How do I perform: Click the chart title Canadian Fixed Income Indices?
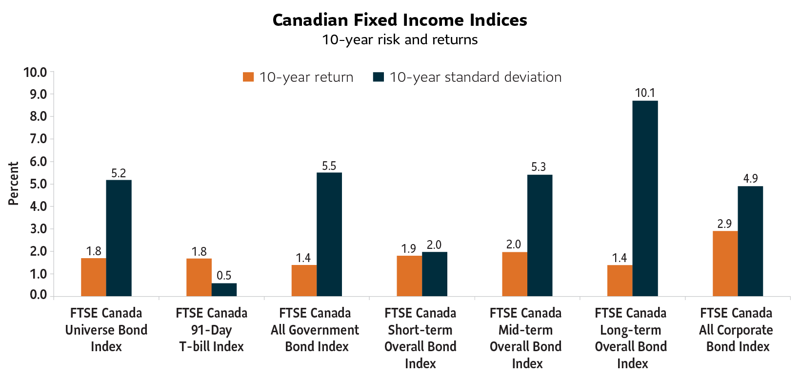tap(400, 20)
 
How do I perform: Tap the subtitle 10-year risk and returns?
tap(400, 39)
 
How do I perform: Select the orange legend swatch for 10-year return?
tap(249, 77)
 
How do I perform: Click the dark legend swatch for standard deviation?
tap(378, 77)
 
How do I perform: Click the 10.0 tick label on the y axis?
tap(35, 73)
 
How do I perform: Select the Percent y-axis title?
tap(13, 184)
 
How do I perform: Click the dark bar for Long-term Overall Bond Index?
tap(645, 198)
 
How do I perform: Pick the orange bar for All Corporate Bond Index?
tap(725, 264)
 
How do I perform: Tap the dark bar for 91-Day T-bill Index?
tap(224, 289)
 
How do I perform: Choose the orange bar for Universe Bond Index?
tap(93, 277)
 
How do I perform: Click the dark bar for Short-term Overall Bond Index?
tap(434, 274)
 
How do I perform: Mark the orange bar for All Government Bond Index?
tap(303, 280)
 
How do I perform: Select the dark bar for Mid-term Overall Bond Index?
tap(540, 235)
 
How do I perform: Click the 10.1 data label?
tap(645, 93)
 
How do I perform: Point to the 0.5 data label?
tap(224, 276)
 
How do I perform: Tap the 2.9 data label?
tap(724, 224)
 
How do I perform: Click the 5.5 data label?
tap(329, 166)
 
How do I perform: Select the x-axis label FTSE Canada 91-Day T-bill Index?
tap(211, 330)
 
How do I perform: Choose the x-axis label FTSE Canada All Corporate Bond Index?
tap(736, 330)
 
